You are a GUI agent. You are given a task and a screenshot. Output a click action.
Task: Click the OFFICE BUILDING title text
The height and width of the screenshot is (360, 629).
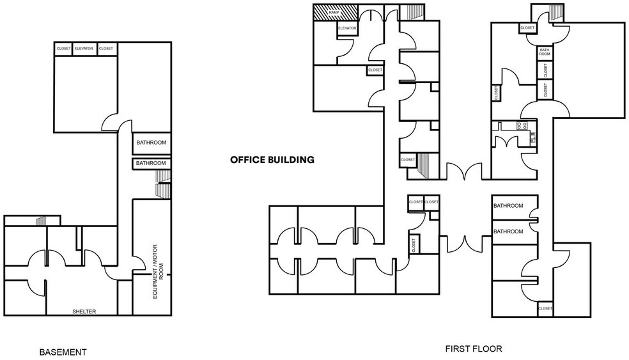(x=272, y=160)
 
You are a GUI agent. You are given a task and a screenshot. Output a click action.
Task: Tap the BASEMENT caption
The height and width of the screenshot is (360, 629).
(x=63, y=352)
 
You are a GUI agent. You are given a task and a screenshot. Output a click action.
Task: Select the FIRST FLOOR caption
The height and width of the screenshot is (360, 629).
(x=474, y=348)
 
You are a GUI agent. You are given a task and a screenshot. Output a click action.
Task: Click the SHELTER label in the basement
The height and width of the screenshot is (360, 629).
(x=84, y=311)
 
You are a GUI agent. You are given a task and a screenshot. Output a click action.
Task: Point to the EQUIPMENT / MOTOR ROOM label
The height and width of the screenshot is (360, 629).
(x=158, y=271)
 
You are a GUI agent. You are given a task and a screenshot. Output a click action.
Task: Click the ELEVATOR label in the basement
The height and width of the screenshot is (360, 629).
(x=84, y=49)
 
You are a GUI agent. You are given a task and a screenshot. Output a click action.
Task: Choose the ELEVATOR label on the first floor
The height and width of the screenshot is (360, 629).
(x=347, y=28)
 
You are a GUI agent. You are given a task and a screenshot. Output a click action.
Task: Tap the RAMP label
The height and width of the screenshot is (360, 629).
(x=334, y=12)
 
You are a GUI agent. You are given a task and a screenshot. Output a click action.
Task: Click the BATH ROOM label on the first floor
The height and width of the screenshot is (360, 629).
(x=545, y=52)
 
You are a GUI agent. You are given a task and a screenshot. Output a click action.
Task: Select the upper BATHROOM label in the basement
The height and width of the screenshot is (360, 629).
(x=151, y=143)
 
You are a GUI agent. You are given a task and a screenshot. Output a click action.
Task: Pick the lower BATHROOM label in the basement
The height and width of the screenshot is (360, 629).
(x=151, y=163)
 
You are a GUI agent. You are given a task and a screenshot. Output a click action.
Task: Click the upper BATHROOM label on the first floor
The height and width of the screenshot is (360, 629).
(x=508, y=206)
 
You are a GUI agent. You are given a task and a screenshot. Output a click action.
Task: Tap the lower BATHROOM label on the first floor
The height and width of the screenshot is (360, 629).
(x=508, y=231)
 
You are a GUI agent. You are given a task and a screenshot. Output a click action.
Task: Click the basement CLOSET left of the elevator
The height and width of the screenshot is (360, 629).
(x=64, y=49)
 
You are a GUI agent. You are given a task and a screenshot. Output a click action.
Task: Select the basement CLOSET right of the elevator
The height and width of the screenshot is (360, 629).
(x=106, y=49)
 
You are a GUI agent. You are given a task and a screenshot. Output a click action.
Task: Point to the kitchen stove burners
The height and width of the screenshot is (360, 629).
(x=522, y=125)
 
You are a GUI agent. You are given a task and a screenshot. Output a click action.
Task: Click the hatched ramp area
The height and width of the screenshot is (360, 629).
(x=335, y=12)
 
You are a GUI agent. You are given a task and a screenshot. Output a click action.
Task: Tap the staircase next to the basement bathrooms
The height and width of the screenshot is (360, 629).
(x=163, y=184)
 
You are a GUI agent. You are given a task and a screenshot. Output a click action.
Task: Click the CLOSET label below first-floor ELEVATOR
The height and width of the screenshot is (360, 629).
(x=375, y=70)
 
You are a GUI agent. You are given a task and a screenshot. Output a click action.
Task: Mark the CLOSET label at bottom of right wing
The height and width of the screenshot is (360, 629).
(x=545, y=308)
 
